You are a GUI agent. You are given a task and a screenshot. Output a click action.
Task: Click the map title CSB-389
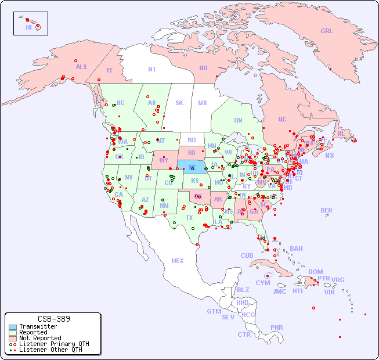[x=53, y=319]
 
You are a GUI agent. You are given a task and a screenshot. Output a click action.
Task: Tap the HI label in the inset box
[x=28, y=27]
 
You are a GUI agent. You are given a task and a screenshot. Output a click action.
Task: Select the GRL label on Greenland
[x=327, y=31]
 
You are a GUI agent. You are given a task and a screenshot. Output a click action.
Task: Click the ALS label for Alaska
[x=81, y=67]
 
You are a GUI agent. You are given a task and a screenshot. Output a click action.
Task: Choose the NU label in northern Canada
[x=203, y=68]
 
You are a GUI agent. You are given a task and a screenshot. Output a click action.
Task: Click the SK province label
[x=179, y=103]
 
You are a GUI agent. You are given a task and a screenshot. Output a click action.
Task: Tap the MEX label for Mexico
[x=178, y=261]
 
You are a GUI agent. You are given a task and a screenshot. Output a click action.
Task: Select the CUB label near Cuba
[x=247, y=255]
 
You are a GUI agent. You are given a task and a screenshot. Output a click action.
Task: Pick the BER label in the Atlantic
[x=327, y=210]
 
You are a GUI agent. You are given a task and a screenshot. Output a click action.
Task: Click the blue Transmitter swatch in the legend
[x=13, y=327]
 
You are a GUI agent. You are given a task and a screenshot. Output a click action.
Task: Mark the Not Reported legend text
[x=40, y=338]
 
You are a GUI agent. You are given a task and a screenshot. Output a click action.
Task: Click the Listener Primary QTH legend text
[x=54, y=344]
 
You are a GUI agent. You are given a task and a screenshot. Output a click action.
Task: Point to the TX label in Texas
[x=189, y=218]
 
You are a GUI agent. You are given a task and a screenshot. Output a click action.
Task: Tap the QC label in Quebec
[x=282, y=119]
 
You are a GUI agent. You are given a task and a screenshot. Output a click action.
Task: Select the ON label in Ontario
[x=238, y=120]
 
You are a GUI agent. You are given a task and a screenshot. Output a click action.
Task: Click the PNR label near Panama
[x=277, y=327]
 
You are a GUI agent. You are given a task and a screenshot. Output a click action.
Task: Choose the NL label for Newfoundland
[x=341, y=134]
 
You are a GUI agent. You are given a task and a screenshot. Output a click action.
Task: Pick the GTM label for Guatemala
[x=214, y=311]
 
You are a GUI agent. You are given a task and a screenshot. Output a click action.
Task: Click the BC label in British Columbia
[x=121, y=103]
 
